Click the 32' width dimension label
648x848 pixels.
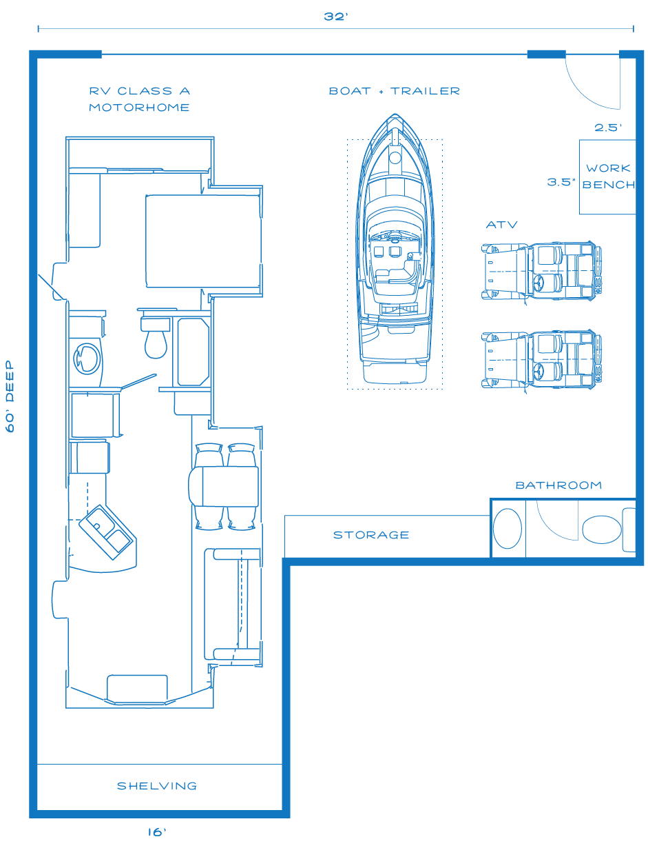click(x=335, y=17)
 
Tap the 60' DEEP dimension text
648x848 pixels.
click(x=10, y=396)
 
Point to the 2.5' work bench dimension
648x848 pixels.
click(x=608, y=128)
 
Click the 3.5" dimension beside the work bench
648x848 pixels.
click(x=561, y=182)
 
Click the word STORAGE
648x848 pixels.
click(x=371, y=535)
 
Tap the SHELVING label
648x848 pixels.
click(x=157, y=786)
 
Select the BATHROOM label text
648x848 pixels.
click(x=558, y=485)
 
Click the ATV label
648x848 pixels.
click(x=501, y=225)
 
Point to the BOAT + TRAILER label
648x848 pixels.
click(x=394, y=91)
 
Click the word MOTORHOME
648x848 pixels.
click(x=139, y=108)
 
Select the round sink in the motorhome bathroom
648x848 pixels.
click(x=87, y=359)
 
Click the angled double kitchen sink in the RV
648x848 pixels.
click(x=107, y=532)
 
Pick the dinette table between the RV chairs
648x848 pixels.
click(x=224, y=486)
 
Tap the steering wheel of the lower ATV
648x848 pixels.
click(x=538, y=372)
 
